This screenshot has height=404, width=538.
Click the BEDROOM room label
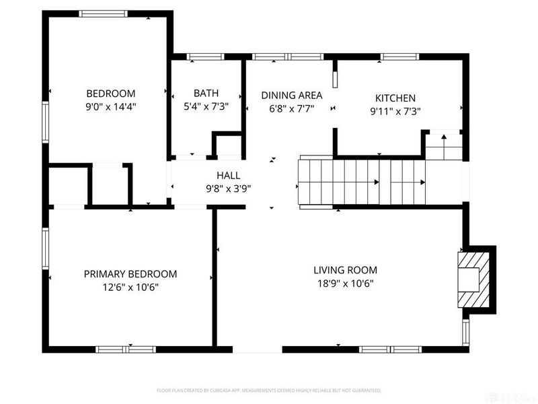point(110,94)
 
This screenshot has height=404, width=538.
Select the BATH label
point(206,94)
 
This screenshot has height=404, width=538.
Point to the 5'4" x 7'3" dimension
point(206,106)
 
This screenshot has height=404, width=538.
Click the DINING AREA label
point(291,95)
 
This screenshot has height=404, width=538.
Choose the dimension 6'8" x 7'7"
point(291,108)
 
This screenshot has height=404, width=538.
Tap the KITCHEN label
point(395,98)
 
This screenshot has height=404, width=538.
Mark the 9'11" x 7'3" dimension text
point(395,111)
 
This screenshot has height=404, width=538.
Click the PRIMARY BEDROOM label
point(130,274)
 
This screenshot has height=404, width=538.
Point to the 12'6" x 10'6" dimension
point(130,287)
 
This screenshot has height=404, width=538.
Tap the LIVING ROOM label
point(344,271)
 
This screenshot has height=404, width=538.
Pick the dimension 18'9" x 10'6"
point(344,283)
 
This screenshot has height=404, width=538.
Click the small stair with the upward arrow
point(443,144)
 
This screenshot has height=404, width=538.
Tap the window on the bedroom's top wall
point(102,13)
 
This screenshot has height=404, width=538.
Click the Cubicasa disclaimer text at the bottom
point(269,390)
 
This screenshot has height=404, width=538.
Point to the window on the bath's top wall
point(197,57)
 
